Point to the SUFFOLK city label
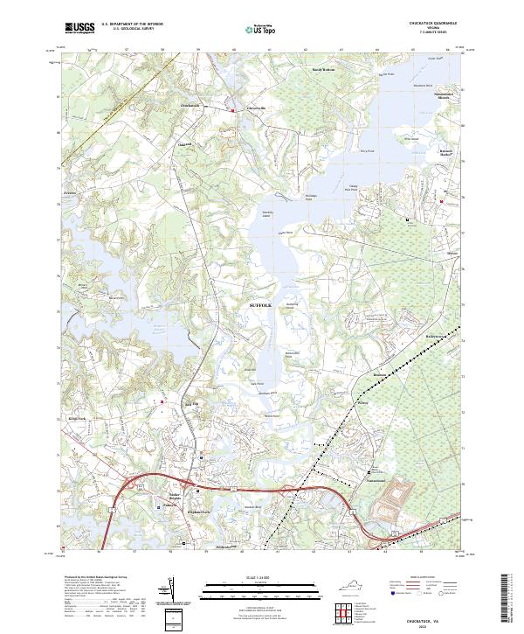261,304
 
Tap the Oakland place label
184,144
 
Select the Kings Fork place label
76,420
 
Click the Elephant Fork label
200,512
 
